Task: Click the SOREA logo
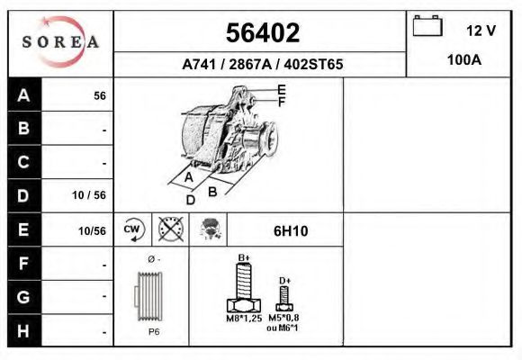coord(60,42)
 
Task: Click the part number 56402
coord(261,33)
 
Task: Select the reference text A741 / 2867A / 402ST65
coord(262,65)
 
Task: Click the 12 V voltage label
coord(481,31)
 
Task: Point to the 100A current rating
coord(464,61)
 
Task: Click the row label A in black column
coord(24,95)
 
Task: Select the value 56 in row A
coord(99,96)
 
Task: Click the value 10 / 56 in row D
coord(89,195)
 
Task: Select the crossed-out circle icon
coord(170,229)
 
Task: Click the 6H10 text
coord(291,230)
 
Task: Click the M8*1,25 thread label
coord(244,319)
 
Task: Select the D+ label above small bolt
coord(284,281)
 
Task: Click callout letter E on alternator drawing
coord(282,89)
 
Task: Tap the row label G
coord(24,296)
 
